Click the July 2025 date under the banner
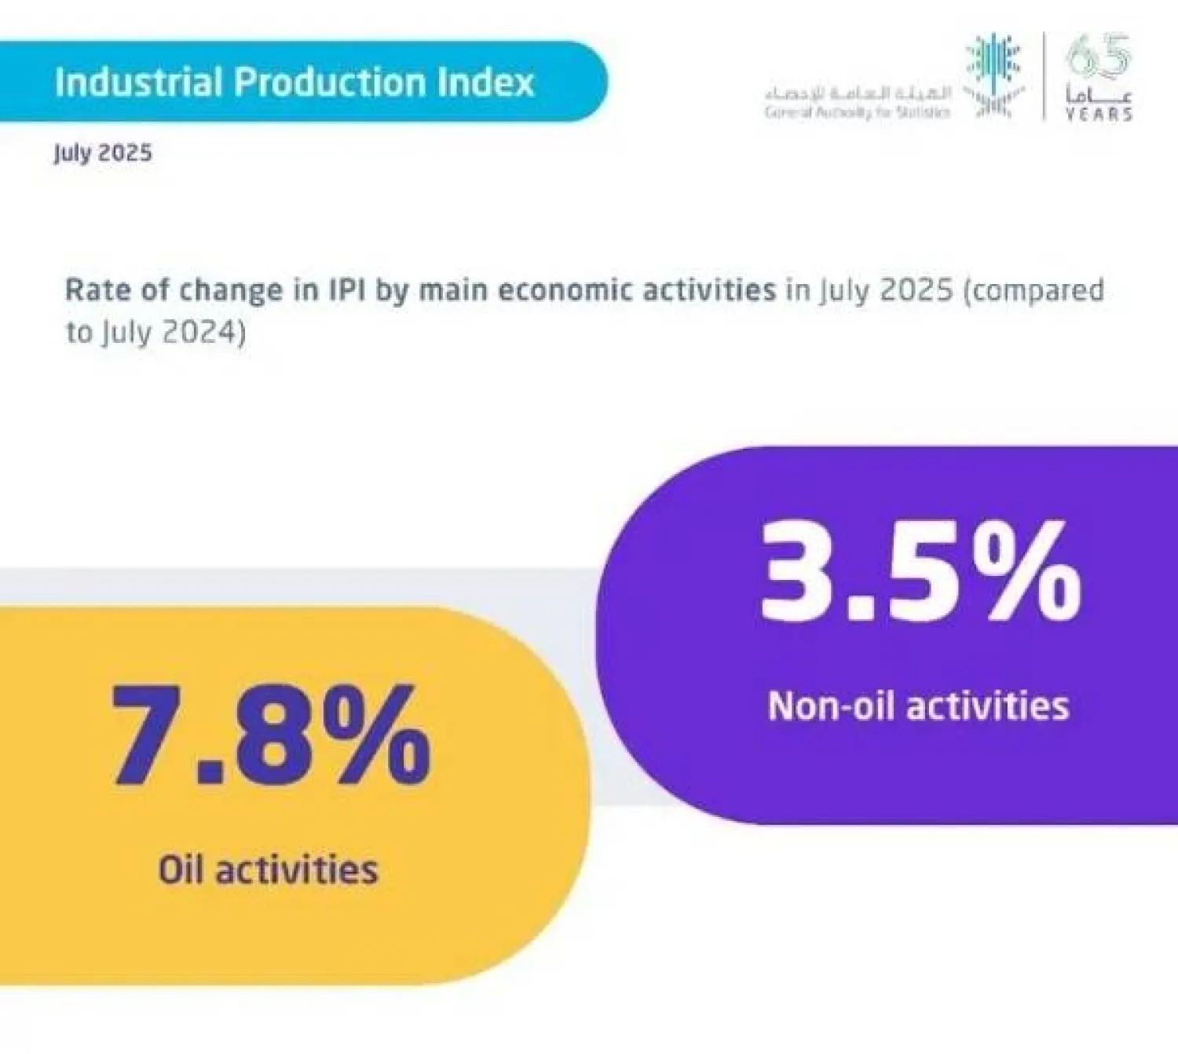(103, 152)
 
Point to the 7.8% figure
(271, 735)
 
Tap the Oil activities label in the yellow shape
(268, 870)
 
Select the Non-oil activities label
(918, 706)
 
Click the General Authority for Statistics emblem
(994, 76)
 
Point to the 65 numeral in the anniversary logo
(1099, 57)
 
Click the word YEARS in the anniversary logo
(1099, 115)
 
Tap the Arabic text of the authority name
(858, 93)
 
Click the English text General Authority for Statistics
(858, 112)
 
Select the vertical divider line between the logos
(1044, 76)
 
